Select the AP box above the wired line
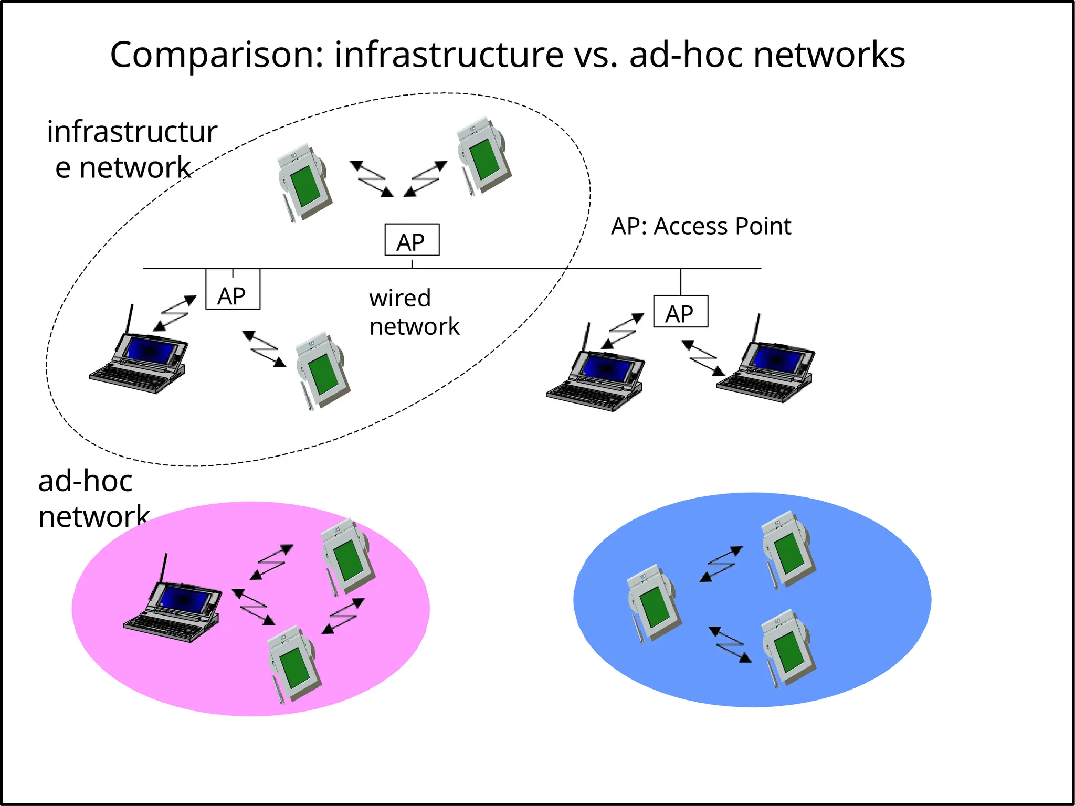pyautogui.click(x=412, y=240)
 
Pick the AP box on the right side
pyautogui.click(x=680, y=312)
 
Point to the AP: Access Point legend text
pyautogui.click(x=701, y=227)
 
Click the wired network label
pyautogui.click(x=414, y=312)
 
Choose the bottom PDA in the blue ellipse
pyautogui.click(x=787, y=648)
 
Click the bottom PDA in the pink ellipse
pyautogui.click(x=294, y=664)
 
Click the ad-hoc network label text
pyautogui.click(x=93, y=499)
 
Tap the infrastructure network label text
pyautogui.click(x=131, y=150)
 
